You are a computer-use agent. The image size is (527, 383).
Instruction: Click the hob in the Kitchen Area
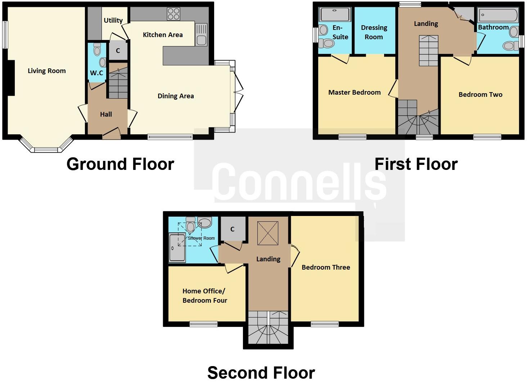(173, 14)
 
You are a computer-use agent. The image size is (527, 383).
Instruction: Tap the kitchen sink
(201, 35)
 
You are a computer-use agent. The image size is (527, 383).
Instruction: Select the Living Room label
(47, 71)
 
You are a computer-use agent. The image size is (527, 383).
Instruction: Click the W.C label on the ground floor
(96, 73)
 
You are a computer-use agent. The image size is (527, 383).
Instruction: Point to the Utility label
(113, 21)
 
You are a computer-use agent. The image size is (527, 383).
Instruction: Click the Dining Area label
(176, 96)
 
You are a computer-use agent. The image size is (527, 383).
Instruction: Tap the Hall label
(106, 114)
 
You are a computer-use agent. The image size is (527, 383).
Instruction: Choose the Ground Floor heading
(120, 164)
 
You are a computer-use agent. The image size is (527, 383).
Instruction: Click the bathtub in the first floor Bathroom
(498, 15)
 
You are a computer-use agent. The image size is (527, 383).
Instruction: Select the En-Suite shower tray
(335, 15)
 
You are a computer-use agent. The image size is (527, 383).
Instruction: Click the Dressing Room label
(374, 32)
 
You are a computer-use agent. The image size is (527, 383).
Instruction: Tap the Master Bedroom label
(354, 93)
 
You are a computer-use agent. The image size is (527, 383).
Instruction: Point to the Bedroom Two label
(480, 95)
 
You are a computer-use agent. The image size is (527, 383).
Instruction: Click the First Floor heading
(416, 164)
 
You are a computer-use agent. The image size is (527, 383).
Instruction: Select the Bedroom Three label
(326, 267)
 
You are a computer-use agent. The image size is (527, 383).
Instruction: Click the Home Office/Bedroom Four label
(204, 296)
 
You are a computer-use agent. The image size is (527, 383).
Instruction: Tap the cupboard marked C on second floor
(233, 229)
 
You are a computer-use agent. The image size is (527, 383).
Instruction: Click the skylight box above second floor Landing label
(268, 233)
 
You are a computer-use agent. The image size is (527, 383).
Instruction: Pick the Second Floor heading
(261, 373)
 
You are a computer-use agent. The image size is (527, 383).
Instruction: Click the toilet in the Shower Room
(190, 225)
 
